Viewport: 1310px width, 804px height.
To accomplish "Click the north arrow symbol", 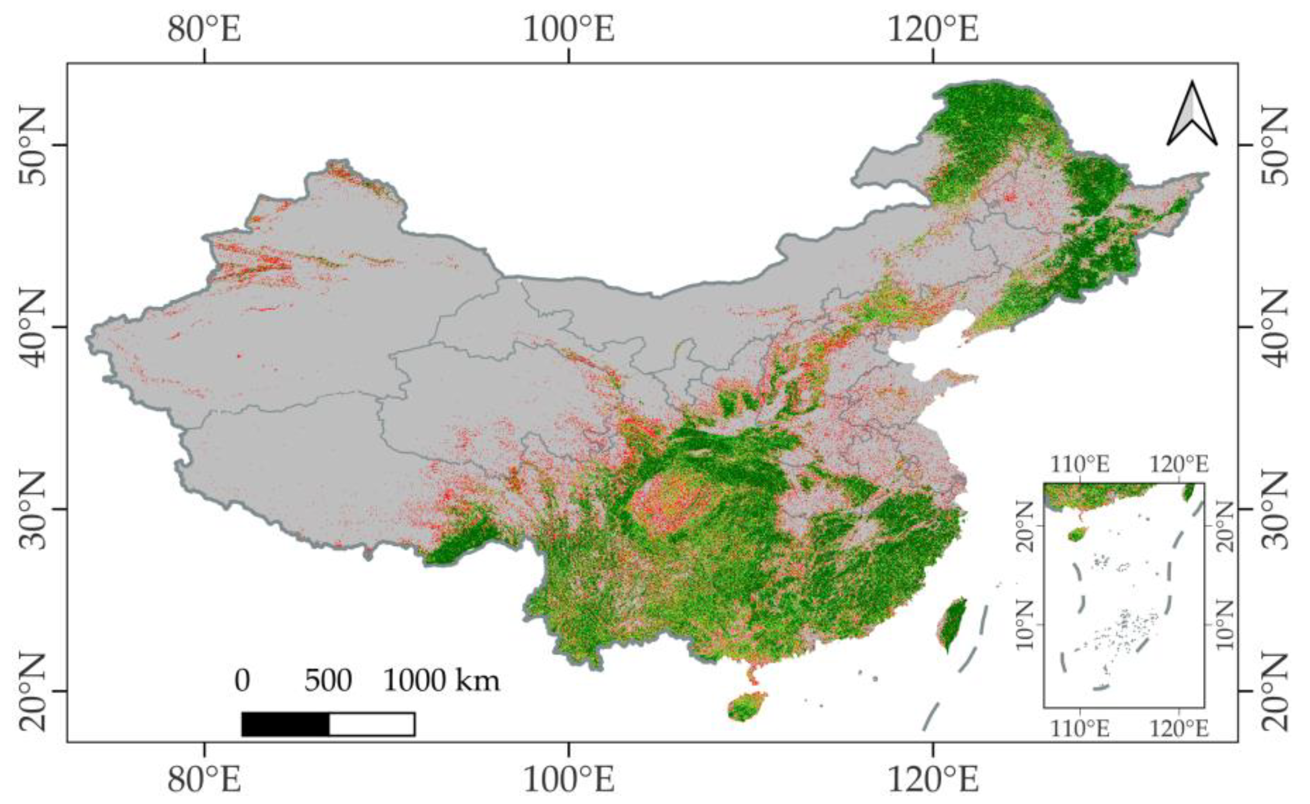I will tap(1192, 114).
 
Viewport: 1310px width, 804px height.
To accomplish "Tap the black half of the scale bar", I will tap(285, 724).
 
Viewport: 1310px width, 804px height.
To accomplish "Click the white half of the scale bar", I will tap(372, 724).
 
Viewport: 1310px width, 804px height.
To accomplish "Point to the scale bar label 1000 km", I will tap(442, 681).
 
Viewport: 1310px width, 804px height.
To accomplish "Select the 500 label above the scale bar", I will tap(328, 681).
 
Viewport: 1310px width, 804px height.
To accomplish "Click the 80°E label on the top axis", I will tap(204, 29).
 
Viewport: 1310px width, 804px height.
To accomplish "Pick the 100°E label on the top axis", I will tap(569, 29).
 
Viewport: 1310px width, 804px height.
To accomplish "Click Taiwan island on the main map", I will tap(951, 624).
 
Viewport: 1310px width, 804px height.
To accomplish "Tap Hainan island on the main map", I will tap(746, 707).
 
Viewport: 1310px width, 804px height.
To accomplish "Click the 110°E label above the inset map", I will tap(1081, 465).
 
